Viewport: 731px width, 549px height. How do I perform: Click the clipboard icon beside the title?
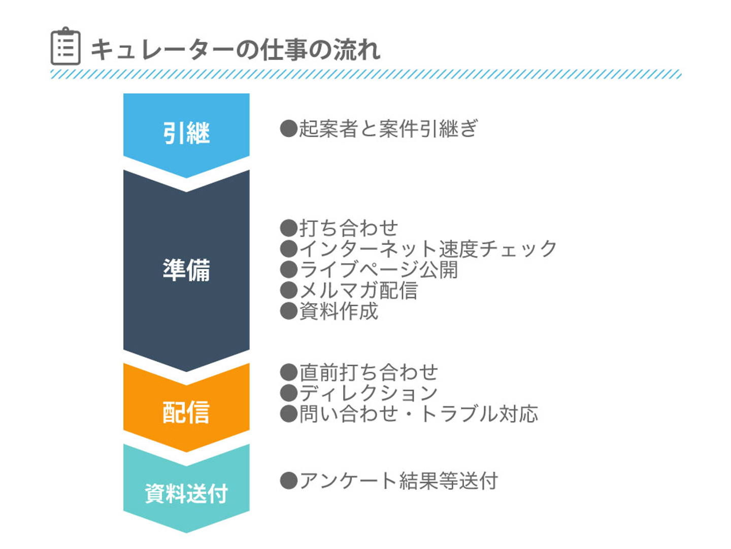pyautogui.click(x=65, y=47)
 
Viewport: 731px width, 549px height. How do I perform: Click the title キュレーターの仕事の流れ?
pyautogui.click(x=235, y=50)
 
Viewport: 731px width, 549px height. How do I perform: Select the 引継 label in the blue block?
pyautogui.click(x=186, y=134)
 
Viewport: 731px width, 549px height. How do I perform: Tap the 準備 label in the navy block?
pyautogui.click(x=186, y=270)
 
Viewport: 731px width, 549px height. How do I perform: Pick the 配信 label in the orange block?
pyautogui.click(x=186, y=412)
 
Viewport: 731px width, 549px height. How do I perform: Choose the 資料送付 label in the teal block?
pyautogui.click(x=186, y=493)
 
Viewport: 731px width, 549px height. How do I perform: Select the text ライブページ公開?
pyautogui.click(x=379, y=270)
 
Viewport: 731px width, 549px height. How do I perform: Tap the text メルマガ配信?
pyautogui.click(x=358, y=290)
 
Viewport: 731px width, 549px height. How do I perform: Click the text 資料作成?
pyautogui.click(x=339, y=311)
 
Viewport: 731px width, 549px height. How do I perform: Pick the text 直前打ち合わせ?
pyautogui.click(x=369, y=372)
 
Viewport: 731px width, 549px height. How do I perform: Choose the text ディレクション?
pyautogui.click(x=369, y=393)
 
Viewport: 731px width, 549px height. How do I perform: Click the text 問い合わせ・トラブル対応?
pyautogui.click(x=418, y=414)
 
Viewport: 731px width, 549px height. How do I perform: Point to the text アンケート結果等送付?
pyautogui.click(x=398, y=481)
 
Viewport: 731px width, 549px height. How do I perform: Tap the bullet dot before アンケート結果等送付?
pyautogui.click(x=288, y=481)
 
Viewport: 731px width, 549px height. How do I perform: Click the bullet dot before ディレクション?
pyautogui.click(x=288, y=393)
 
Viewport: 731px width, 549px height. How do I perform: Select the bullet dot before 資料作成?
pyautogui.click(x=288, y=311)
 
